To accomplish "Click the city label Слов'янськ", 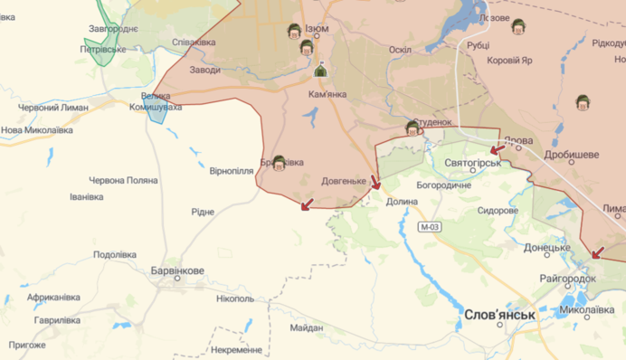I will [x=499, y=316].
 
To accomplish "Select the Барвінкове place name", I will [x=178, y=270].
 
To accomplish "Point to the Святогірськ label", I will [x=473, y=163].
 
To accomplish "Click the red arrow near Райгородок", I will [x=595, y=253].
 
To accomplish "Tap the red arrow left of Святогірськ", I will [x=496, y=149].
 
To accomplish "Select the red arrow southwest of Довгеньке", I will [x=308, y=205].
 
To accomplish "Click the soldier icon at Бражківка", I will [x=280, y=164].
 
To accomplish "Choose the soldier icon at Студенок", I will [x=413, y=128].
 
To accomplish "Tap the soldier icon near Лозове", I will [x=518, y=27].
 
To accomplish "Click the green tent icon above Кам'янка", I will [x=320, y=71].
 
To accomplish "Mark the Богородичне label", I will [x=443, y=185].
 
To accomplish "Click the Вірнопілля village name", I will [x=232, y=170].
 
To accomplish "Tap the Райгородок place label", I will [x=567, y=279].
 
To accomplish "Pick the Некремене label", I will [x=237, y=349].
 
